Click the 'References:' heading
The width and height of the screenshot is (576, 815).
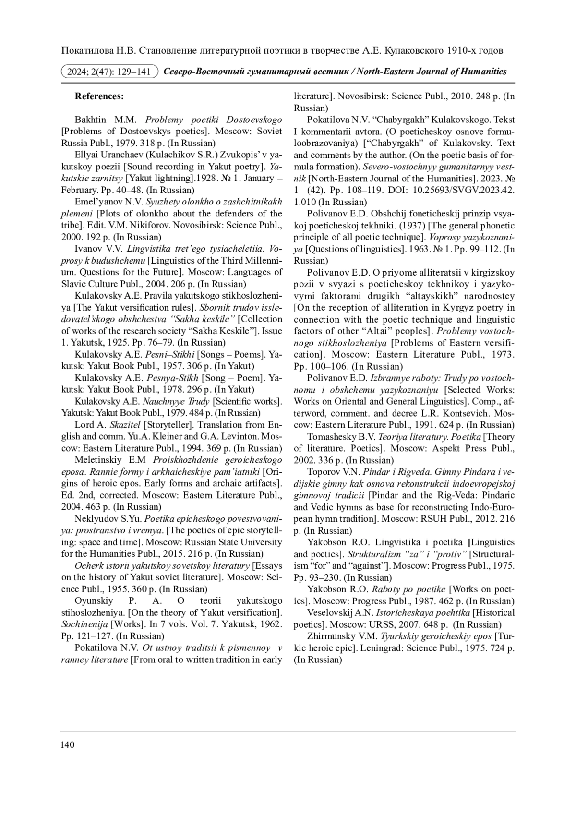pyautogui.click(x=99, y=96)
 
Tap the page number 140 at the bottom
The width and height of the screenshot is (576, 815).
pyautogui.click(x=68, y=745)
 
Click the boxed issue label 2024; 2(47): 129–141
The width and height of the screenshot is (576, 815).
pyautogui.click(x=110, y=72)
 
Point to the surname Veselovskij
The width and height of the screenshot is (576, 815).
pyautogui.click(x=331, y=612)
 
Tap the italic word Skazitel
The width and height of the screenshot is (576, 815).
pyautogui.click(x=125, y=425)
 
